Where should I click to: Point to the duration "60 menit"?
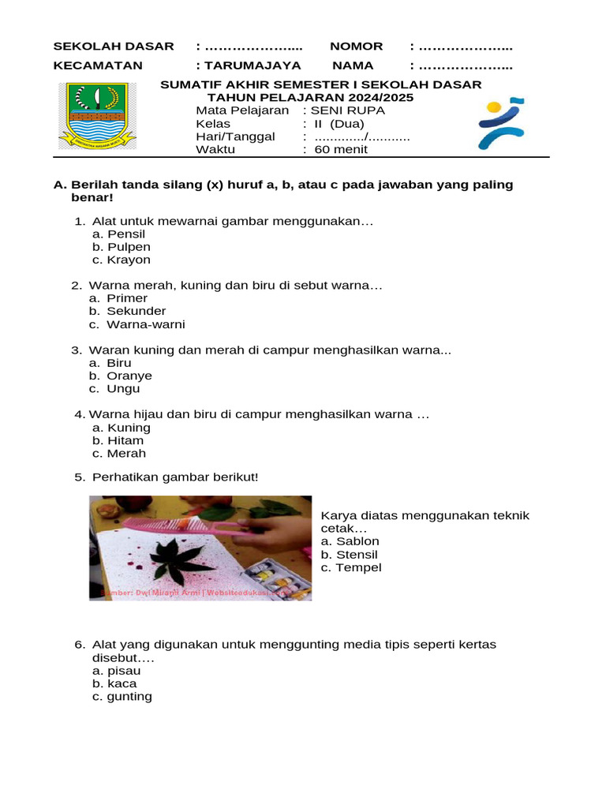(x=341, y=149)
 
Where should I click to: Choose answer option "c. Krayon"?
(x=121, y=260)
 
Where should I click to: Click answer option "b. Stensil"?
(x=349, y=555)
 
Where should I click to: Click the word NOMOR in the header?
(x=356, y=47)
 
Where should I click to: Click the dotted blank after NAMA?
(x=465, y=65)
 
